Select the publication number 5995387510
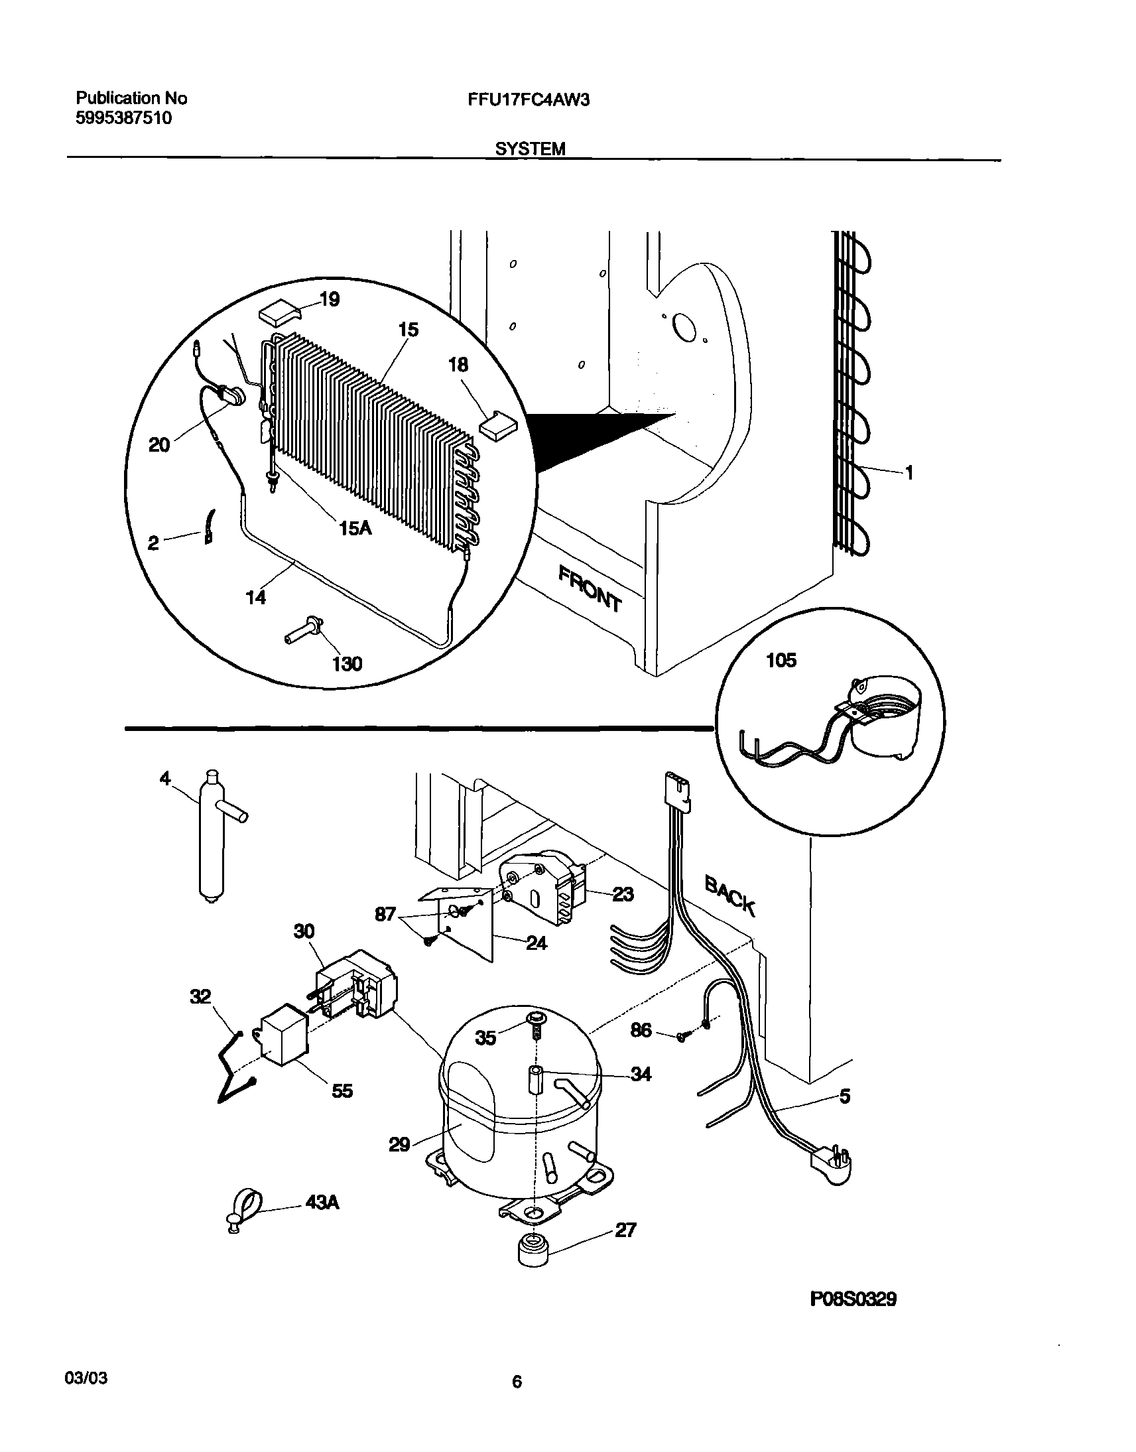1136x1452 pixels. pos(124,118)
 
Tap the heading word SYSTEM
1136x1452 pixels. pos(530,149)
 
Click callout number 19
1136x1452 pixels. pos(330,299)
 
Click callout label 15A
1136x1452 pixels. pos(355,528)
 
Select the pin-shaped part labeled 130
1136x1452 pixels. pos(304,629)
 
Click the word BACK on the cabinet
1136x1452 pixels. pos(729,895)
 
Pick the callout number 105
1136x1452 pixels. pos(781,661)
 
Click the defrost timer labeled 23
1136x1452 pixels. pos(542,888)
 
